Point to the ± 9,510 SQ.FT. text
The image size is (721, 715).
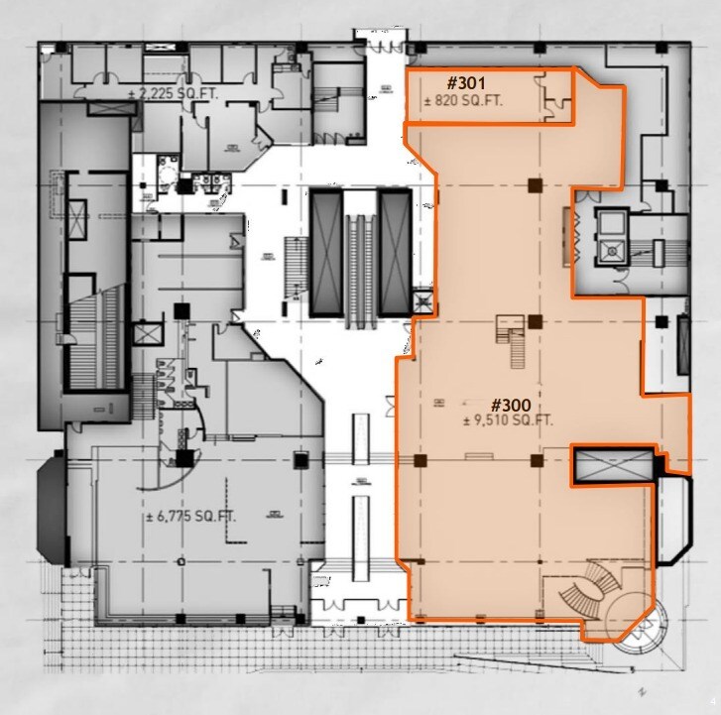tap(508, 420)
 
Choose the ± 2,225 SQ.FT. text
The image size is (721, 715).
tap(176, 94)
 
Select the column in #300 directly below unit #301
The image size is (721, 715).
tap(535, 184)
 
